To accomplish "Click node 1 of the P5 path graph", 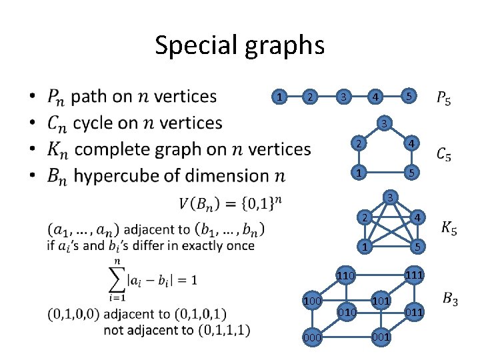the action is click(281, 97).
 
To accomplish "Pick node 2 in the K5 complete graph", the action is click(363, 218).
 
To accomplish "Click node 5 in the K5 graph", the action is click(416, 247).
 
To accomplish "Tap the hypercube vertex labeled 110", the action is click(345, 275).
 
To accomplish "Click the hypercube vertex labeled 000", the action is click(311, 338).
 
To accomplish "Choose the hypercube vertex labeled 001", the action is click(381, 337).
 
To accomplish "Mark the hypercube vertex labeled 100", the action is click(311, 301).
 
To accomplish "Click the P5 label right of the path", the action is click(443, 100).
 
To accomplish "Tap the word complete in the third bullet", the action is click(117, 149).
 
